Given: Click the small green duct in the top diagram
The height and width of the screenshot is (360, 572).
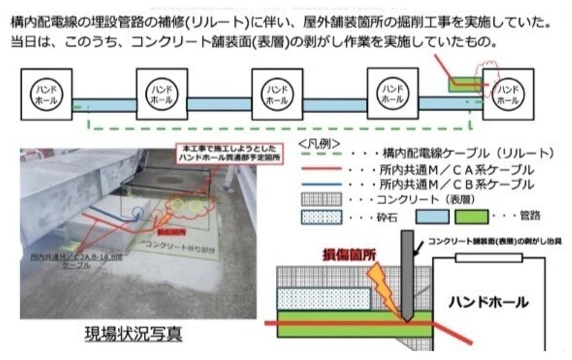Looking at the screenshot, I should click(462, 84).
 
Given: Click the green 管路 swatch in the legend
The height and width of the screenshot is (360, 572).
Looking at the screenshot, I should click(472, 217).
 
